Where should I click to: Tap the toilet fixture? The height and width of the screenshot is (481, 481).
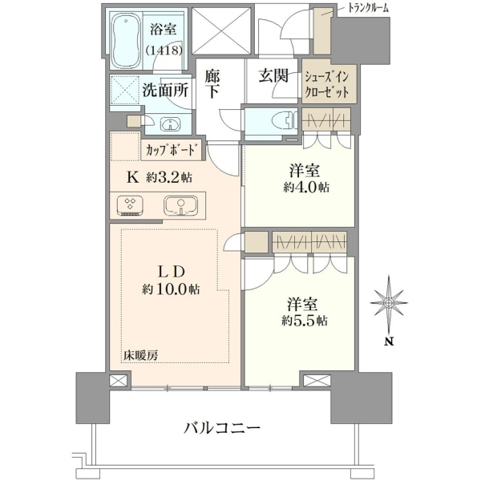(285, 120)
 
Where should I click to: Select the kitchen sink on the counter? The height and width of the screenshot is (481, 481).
(180, 205)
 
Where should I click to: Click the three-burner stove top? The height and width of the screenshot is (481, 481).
(130, 205)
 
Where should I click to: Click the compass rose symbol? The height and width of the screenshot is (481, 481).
(389, 304)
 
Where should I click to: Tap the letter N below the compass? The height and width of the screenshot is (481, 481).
(389, 342)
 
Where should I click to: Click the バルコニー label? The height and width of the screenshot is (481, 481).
(222, 427)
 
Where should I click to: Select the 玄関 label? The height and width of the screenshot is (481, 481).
(273, 75)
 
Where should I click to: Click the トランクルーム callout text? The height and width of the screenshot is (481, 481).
(368, 8)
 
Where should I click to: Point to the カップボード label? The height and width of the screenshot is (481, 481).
(170, 151)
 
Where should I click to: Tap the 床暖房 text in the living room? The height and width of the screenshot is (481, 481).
(141, 355)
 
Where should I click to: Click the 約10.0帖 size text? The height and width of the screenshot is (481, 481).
(171, 289)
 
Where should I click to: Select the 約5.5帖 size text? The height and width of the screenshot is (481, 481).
(305, 321)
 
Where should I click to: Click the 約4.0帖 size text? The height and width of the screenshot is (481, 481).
(306, 187)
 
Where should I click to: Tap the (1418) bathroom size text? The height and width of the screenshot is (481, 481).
(164, 50)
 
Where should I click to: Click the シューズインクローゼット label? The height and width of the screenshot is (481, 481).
(326, 84)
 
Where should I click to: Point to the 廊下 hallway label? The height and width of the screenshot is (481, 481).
(212, 83)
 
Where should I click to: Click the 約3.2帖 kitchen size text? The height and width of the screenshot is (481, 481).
(169, 177)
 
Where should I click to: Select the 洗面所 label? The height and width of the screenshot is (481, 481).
(165, 91)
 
